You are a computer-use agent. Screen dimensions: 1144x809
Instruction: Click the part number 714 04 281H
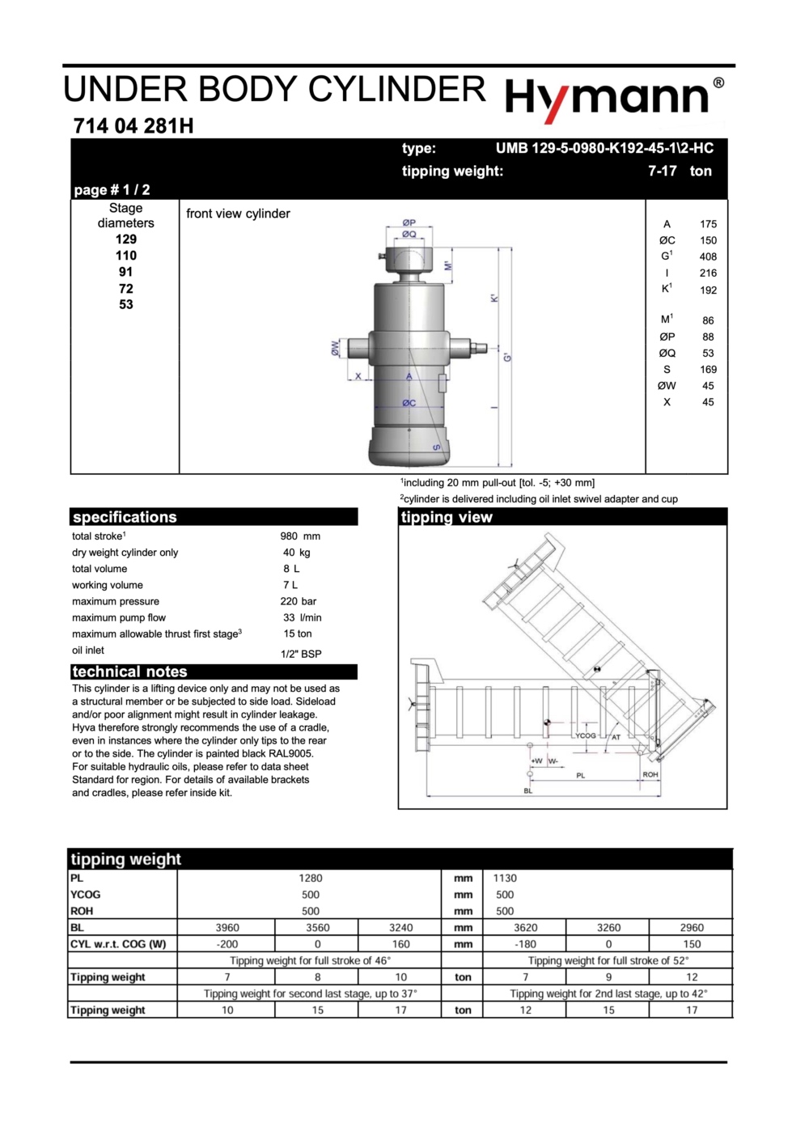click(x=133, y=126)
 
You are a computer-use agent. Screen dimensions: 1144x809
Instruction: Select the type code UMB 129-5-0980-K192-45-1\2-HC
click(x=604, y=148)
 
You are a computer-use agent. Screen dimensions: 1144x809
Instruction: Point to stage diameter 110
click(x=126, y=256)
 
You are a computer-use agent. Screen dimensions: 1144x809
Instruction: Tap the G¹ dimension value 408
click(x=708, y=256)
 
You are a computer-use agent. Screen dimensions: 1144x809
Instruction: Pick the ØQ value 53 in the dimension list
click(x=708, y=353)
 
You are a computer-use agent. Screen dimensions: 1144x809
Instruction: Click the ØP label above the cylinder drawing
click(x=409, y=222)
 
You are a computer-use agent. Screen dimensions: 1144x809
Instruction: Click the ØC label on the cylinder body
click(x=409, y=403)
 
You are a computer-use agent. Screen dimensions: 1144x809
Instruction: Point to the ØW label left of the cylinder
click(x=335, y=348)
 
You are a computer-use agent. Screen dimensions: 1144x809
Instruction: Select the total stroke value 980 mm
click(x=300, y=536)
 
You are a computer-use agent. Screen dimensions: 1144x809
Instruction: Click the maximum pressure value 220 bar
click(x=299, y=601)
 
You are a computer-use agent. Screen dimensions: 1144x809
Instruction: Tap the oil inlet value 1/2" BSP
click(x=301, y=654)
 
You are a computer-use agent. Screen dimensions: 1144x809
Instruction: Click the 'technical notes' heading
click(x=129, y=672)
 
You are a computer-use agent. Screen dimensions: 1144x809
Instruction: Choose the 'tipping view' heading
click(x=447, y=517)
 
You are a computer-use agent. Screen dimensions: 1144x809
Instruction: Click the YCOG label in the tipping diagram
click(x=585, y=735)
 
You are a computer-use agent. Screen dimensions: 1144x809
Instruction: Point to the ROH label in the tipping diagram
click(x=650, y=774)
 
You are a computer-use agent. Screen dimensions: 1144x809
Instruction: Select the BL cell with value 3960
click(x=227, y=928)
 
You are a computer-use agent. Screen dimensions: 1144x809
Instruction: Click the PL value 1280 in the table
click(x=311, y=878)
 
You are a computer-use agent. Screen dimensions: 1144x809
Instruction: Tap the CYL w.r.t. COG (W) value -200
click(x=227, y=944)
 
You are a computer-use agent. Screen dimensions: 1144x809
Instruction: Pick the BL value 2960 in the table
click(x=692, y=928)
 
